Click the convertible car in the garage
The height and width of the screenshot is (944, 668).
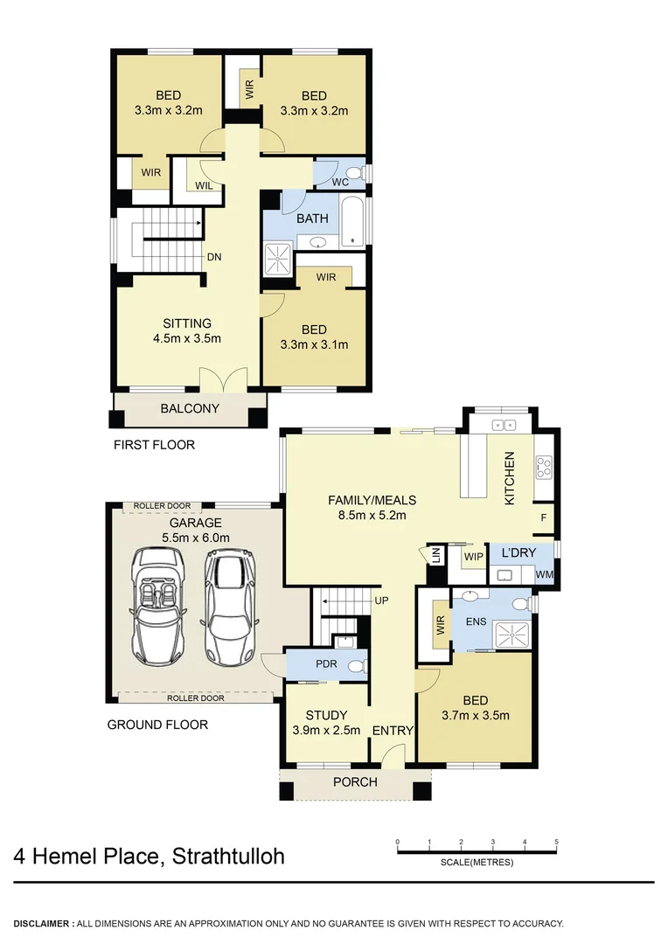click(157, 607)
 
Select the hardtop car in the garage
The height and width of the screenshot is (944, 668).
click(228, 608)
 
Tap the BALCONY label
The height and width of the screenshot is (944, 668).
click(190, 408)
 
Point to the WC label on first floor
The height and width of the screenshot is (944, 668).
click(341, 182)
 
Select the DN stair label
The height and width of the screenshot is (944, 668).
click(213, 257)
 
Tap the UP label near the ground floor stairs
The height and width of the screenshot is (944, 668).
click(381, 600)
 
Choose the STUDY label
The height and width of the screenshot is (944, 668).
click(326, 715)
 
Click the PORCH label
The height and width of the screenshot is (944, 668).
click(355, 781)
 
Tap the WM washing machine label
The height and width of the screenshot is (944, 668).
click(543, 574)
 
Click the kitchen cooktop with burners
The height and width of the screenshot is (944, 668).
click(543, 468)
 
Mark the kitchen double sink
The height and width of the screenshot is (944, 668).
click(504, 425)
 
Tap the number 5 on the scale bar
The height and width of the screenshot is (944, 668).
click(556, 843)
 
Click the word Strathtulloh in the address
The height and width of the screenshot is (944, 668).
click(229, 856)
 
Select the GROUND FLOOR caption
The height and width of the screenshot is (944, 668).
click(157, 725)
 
